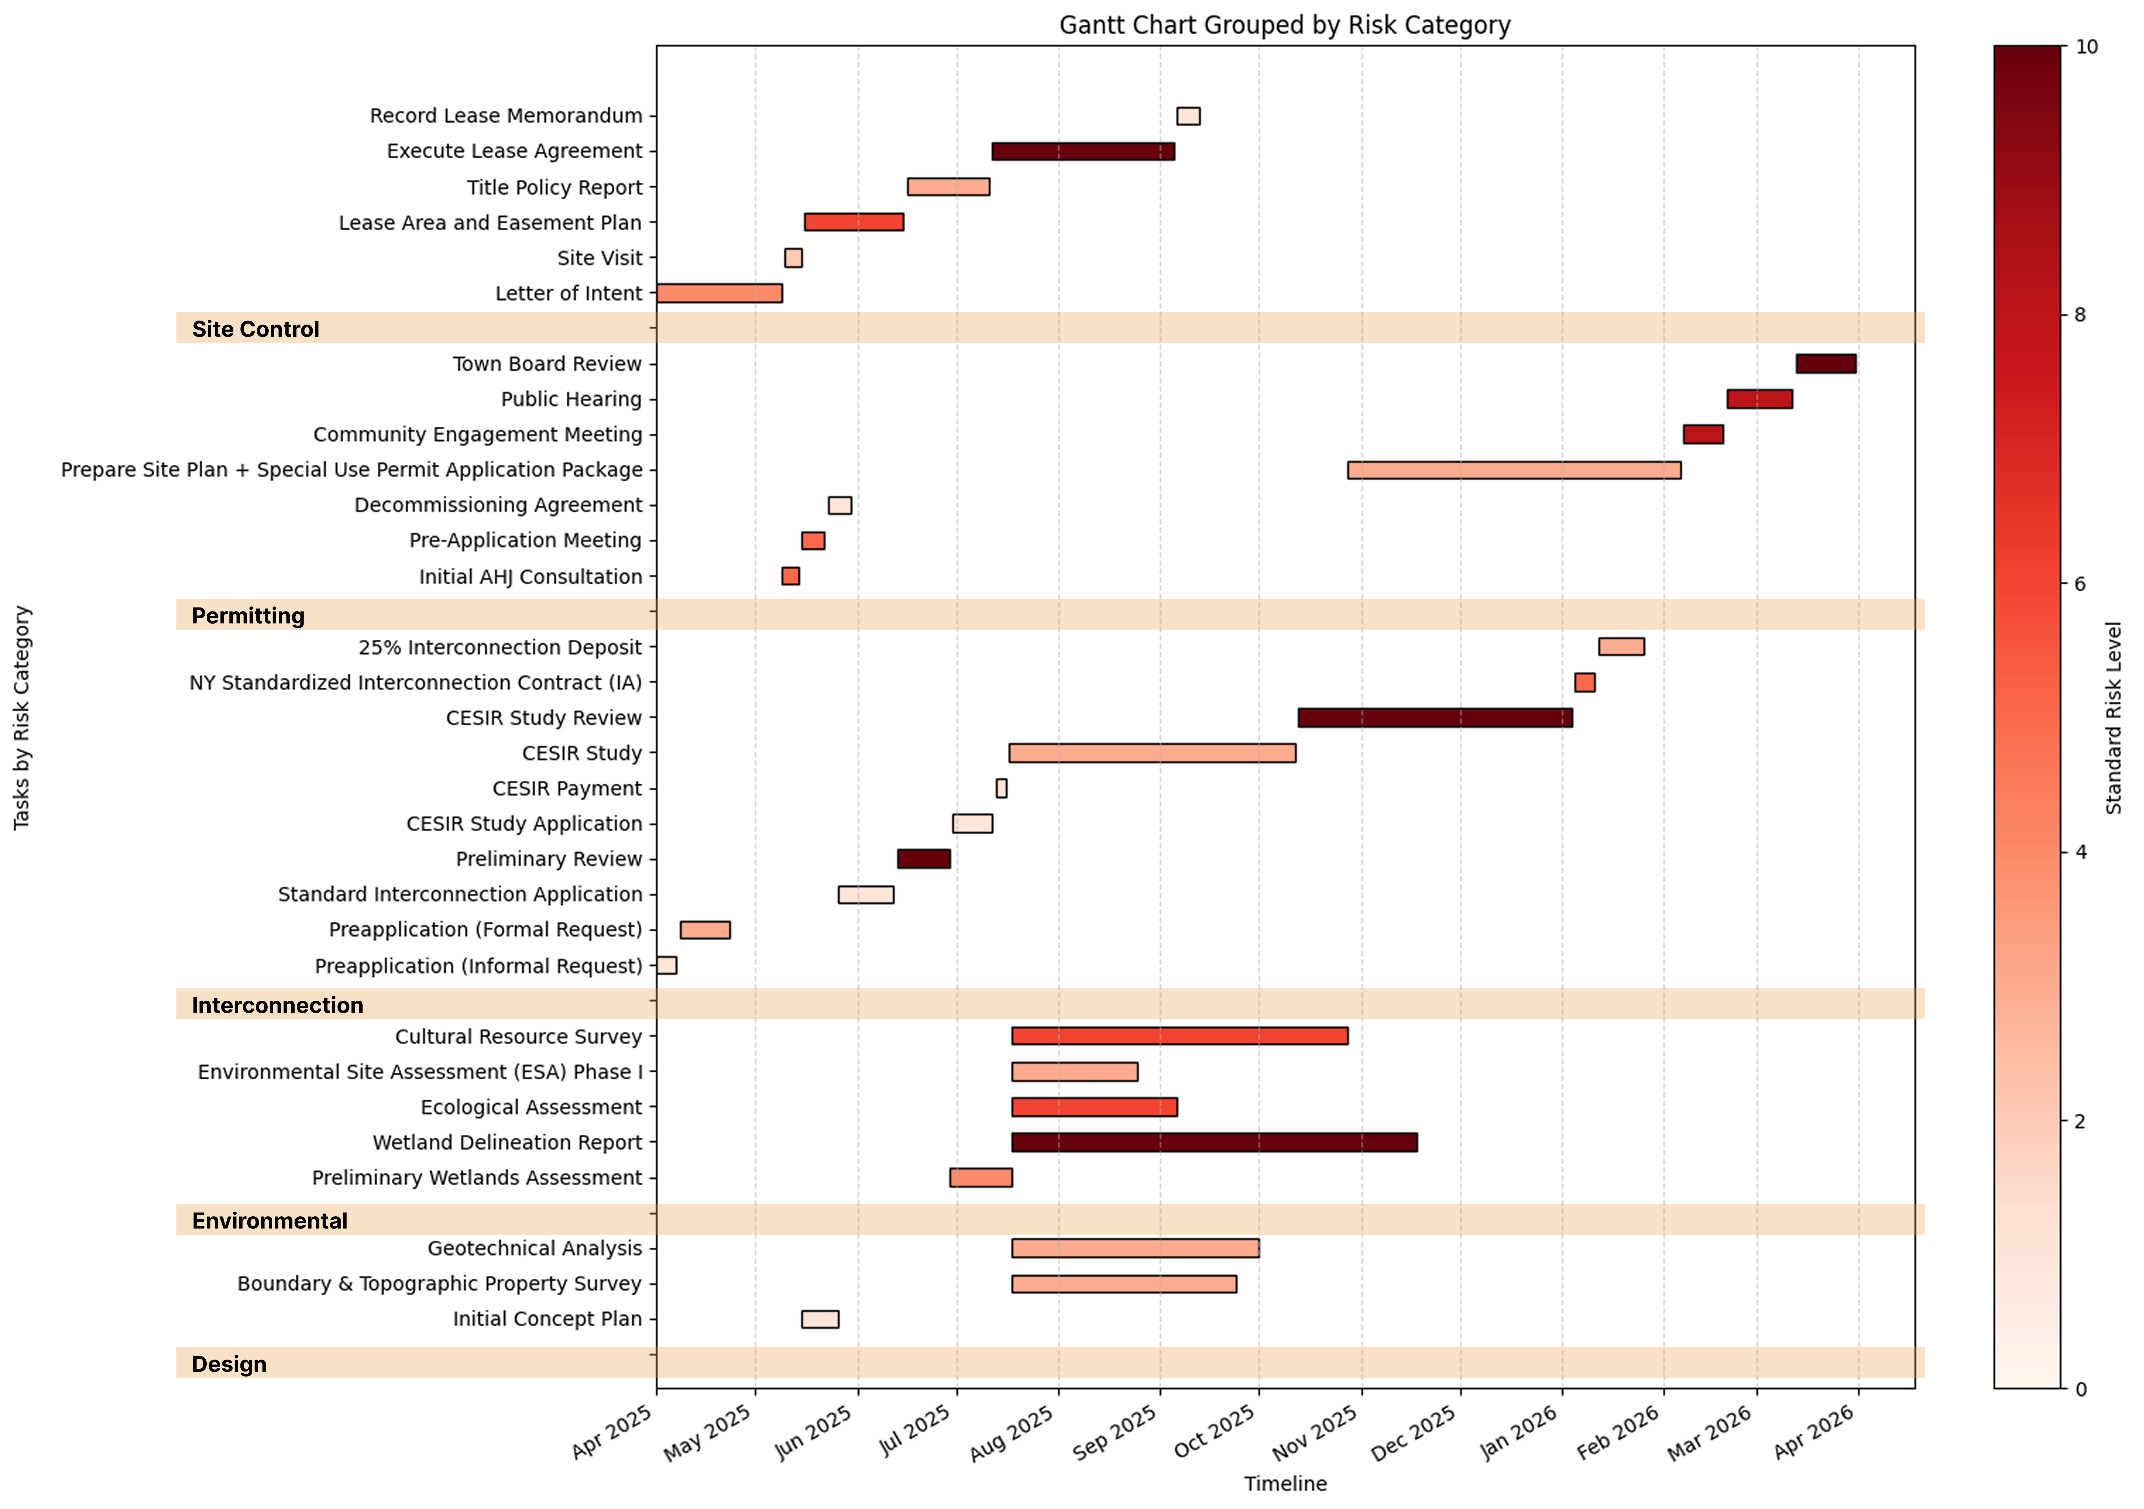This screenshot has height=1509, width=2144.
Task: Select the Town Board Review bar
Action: pos(1825,364)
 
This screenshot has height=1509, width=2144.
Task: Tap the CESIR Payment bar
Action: pos(1001,788)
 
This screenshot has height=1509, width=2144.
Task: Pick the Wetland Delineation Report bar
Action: pos(1214,1142)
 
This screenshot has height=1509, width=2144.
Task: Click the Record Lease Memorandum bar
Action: pos(1188,116)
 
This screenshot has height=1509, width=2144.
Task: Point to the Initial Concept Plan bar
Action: pos(820,1319)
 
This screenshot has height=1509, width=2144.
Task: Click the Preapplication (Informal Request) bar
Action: pos(667,965)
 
